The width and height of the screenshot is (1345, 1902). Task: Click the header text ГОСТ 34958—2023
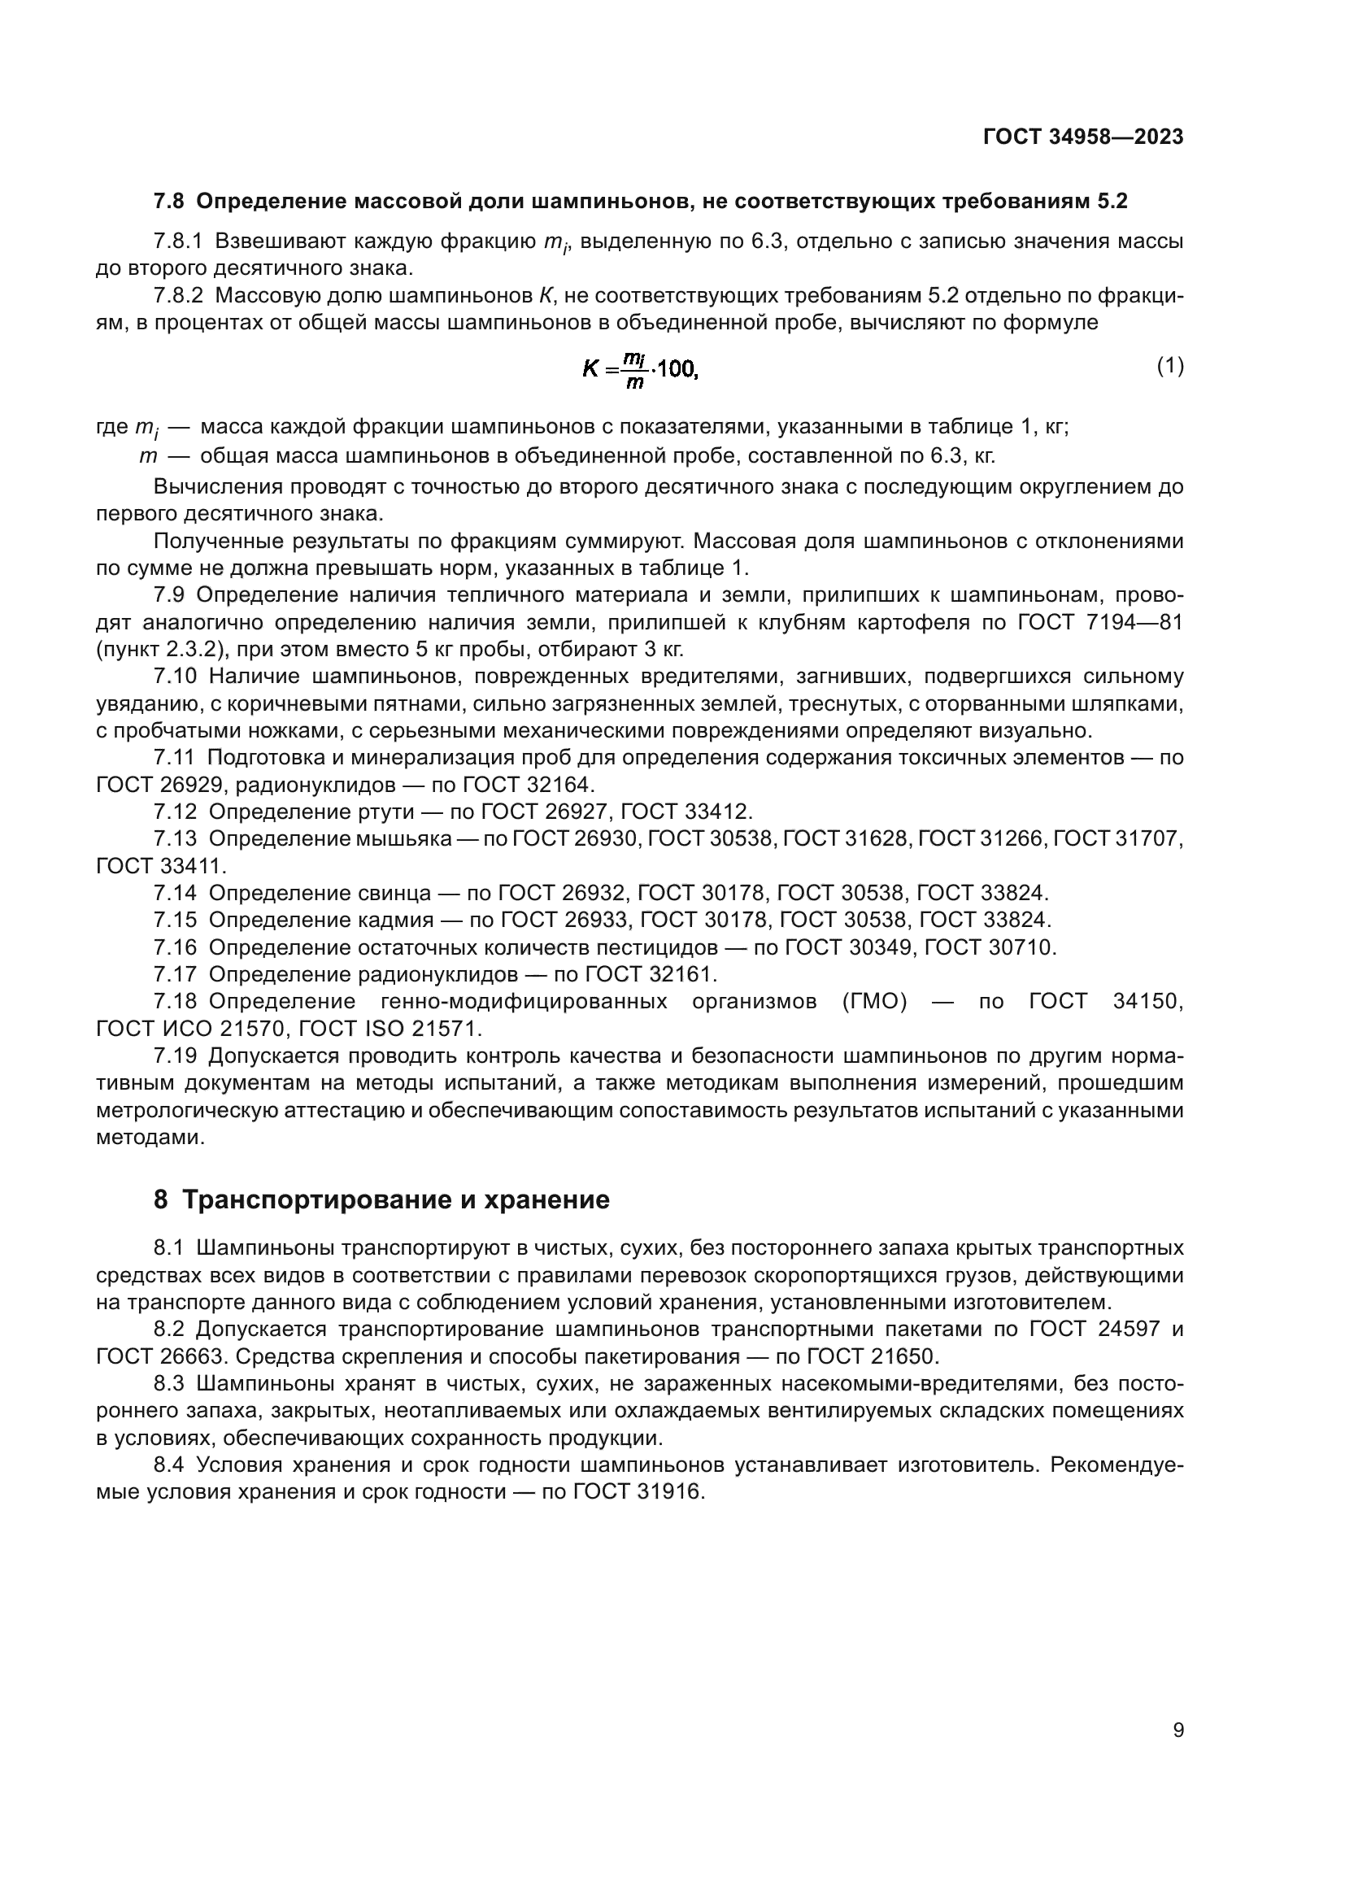[1083, 137]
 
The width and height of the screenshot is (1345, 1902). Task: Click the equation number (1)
[1169, 366]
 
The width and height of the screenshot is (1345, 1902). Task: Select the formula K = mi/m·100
[640, 368]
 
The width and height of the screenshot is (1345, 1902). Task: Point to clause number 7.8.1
[178, 241]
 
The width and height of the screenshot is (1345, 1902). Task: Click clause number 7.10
[175, 676]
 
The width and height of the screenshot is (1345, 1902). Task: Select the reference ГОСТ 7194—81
[1100, 622]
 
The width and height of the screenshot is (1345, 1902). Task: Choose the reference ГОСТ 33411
[160, 867]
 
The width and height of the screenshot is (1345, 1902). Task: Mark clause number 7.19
[175, 1056]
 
